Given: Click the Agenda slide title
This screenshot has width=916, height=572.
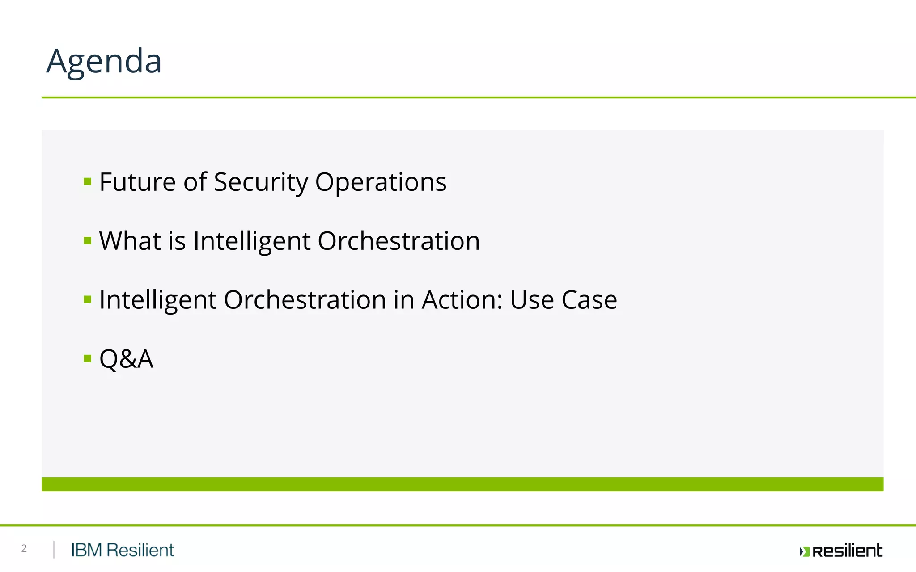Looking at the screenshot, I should coord(104,61).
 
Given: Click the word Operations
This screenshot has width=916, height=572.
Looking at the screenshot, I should coord(381,182).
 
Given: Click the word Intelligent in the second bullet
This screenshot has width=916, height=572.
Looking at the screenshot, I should coord(251,241).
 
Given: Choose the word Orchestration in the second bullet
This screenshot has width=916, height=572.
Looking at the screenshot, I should coord(399,241).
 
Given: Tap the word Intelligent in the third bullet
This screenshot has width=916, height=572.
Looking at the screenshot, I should coord(157,300).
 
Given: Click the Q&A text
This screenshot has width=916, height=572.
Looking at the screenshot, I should coord(126,359).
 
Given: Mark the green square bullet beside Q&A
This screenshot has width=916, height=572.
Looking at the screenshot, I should coord(88,358).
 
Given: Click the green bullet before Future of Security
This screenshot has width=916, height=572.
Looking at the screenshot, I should coord(88,181).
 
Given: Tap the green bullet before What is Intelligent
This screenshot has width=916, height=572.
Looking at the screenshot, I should coord(88,241).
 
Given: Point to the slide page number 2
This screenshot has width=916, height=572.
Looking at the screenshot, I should coord(24,549).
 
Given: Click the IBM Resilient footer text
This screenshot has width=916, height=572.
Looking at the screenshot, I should coord(122,550).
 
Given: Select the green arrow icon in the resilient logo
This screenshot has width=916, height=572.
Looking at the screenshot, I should coord(804,551).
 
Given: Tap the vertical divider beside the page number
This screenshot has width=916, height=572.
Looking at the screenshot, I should coord(54,550).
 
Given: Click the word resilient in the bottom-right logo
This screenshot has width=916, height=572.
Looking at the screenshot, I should coord(847,551).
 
